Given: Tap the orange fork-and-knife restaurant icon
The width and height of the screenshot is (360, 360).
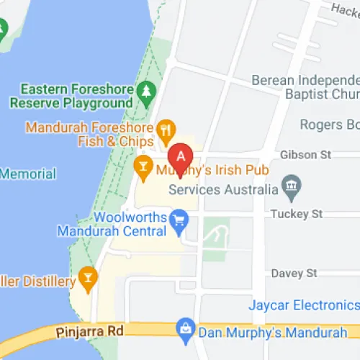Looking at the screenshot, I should coord(167,130).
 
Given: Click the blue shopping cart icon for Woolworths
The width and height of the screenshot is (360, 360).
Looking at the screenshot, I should coord(178,217).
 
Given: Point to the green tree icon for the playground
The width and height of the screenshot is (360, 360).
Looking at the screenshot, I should coord(147,91).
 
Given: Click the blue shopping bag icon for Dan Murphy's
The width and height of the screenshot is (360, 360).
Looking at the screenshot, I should coord(186,329).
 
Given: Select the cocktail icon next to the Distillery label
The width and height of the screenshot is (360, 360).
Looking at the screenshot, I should coord(88,277).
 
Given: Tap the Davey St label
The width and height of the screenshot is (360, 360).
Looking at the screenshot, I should coord(294,274).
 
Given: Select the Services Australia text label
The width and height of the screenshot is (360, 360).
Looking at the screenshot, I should coord(222,190).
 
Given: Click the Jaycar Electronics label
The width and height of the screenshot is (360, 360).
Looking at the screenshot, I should coord(303,305).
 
